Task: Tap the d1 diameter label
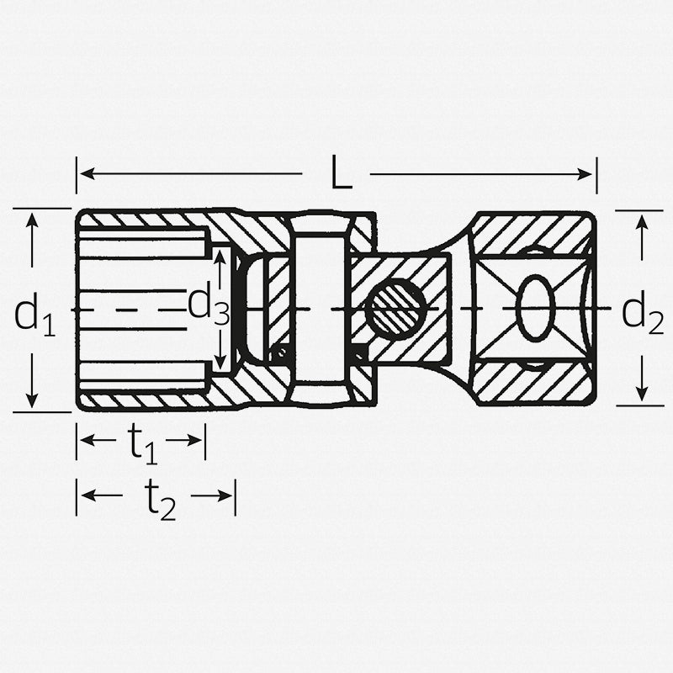pos(34,315)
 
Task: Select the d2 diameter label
pos(642,312)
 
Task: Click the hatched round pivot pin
pos(395,310)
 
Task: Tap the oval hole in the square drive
pos(534,310)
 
